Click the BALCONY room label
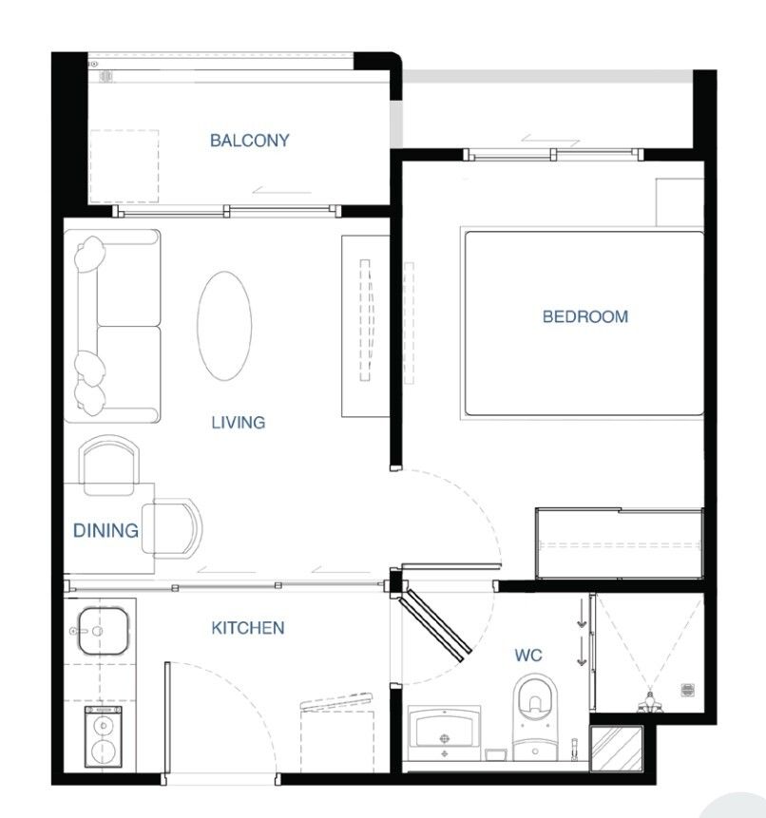pyautogui.click(x=249, y=141)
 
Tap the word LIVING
pyautogui.click(x=239, y=422)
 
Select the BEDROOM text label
pyautogui.click(x=584, y=316)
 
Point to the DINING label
pyautogui.click(x=105, y=530)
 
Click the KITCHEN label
pyautogui.click(x=248, y=628)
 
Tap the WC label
pyautogui.click(x=528, y=655)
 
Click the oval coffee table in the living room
pyautogui.click(x=224, y=326)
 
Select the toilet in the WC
pyautogui.click(x=535, y=717)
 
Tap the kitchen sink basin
pyautogui.click(x=103, y=631)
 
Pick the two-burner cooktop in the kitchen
pyautogui.click(x=104, y=736)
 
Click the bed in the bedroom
pyautogui.click(x=583, y=323)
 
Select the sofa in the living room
pyautogui.click(x=112, y=326)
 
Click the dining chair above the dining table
pyautogui.click(x=109, y=465)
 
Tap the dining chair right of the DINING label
pyautogui.click(x=172, y=527)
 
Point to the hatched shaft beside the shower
pyautogui.click(x=617, y=748)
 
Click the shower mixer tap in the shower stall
pyautogui.click(x=650, y=702)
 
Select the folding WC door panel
pyautogui.click(x=435, y=625)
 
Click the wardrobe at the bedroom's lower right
pyautogui.click(x=620, y=543)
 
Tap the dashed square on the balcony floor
pyautogui.click(x=124, y=166)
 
